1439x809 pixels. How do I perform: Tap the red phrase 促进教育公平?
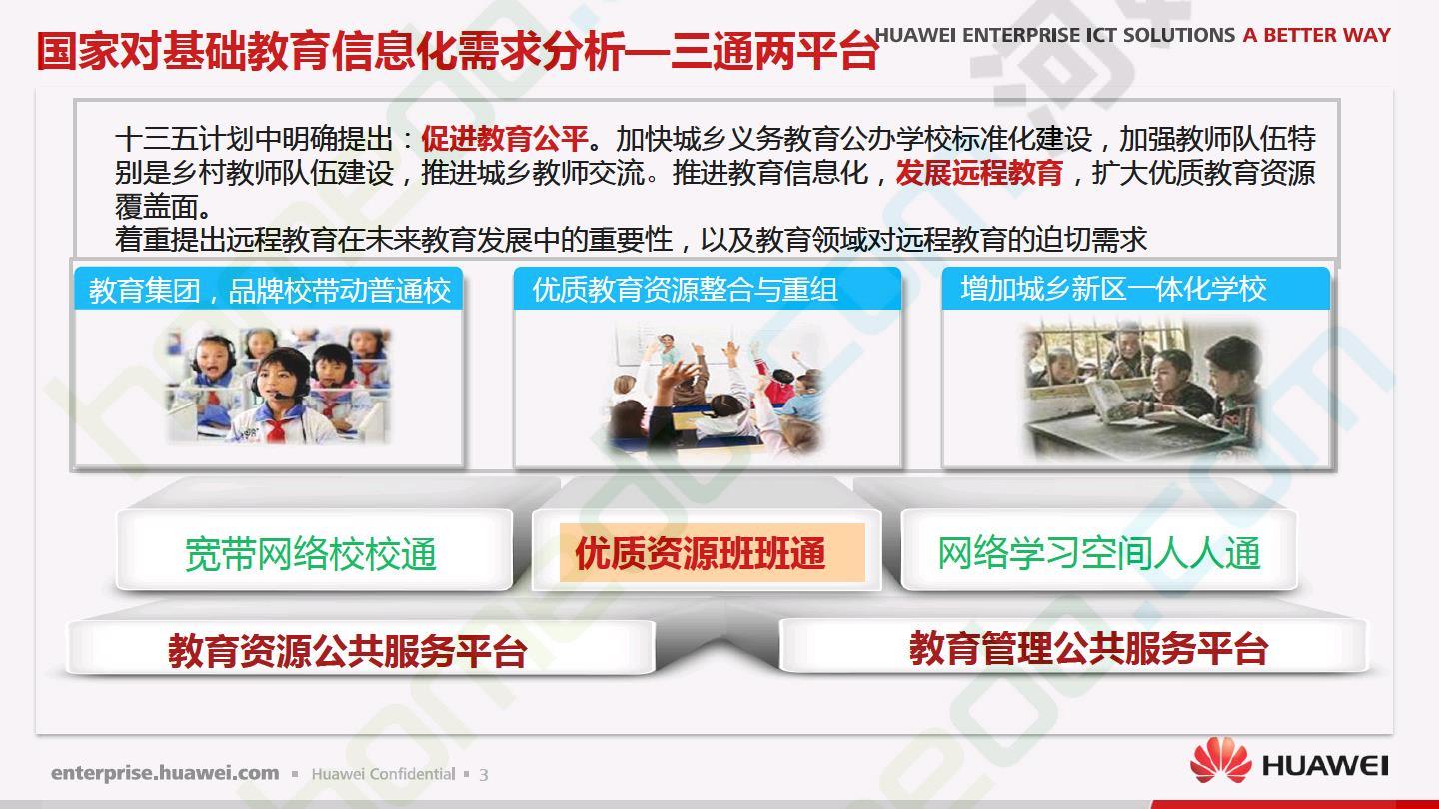(x=505, y=138)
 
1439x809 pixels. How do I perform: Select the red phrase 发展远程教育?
(x=979, y=172)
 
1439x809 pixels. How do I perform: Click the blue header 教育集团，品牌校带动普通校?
(x=269, y=290)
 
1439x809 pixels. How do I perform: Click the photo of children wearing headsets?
(x=278, y=386)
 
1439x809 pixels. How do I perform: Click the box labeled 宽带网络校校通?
(x=314, y=550)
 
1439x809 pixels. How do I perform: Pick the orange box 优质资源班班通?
(x=713, y=553)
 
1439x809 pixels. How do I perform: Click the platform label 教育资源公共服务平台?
(x=348, y=650)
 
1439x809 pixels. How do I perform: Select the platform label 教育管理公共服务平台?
(x=1088, y=648)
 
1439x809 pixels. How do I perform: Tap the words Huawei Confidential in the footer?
(x=383, y=774)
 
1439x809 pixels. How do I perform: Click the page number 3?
(x=483, y=775)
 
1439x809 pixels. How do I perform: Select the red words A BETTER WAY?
(x=1316, y=35)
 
